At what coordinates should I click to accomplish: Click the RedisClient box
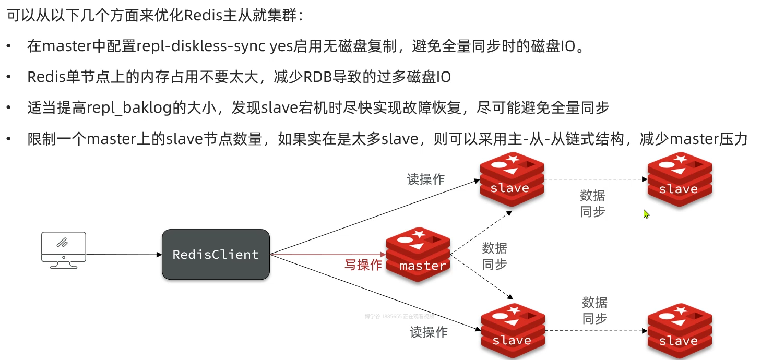[216, 255]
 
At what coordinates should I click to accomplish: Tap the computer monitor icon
[64, 249]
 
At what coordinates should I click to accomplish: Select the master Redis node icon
[418, 255]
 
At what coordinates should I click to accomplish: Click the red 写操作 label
[363, 265]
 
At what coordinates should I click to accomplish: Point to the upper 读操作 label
[426, 179]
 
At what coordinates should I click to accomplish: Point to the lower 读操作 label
[429, 332]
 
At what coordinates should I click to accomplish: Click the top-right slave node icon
[680, 179]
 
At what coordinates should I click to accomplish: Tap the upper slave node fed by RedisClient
[512, 179]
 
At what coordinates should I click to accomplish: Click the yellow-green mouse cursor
[646, 214]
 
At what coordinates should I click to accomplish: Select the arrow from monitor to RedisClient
[124, 255]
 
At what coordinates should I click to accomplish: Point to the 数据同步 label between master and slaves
[494, 256]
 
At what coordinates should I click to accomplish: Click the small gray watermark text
[399, 316]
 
